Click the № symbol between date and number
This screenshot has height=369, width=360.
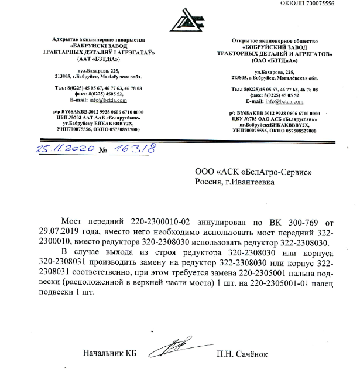(104, 151)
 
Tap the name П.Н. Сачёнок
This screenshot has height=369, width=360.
(242, 354)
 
